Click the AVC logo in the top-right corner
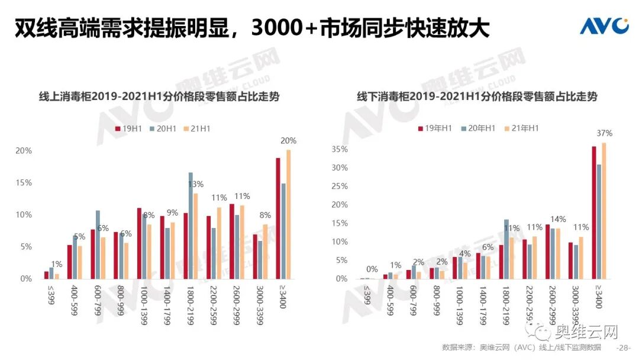[603, 26]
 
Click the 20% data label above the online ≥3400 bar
[289, 141]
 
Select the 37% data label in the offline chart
[604, 133]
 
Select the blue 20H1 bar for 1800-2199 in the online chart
[191, 225]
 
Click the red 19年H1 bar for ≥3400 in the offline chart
[593, 212]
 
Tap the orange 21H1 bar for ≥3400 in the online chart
[288, 214]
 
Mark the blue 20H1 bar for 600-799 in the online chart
[98, 244]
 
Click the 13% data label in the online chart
[196, 184]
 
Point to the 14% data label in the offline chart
[559, 219]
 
